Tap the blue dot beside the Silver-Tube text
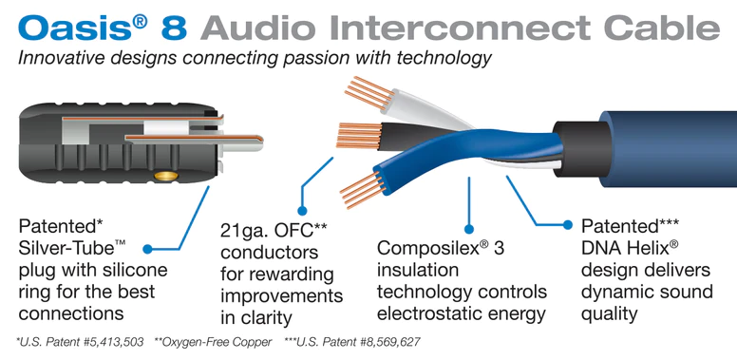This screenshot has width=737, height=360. coord(148,250)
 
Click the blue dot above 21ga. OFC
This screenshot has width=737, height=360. coord(303,208)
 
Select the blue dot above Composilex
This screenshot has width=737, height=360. coord(468,228)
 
